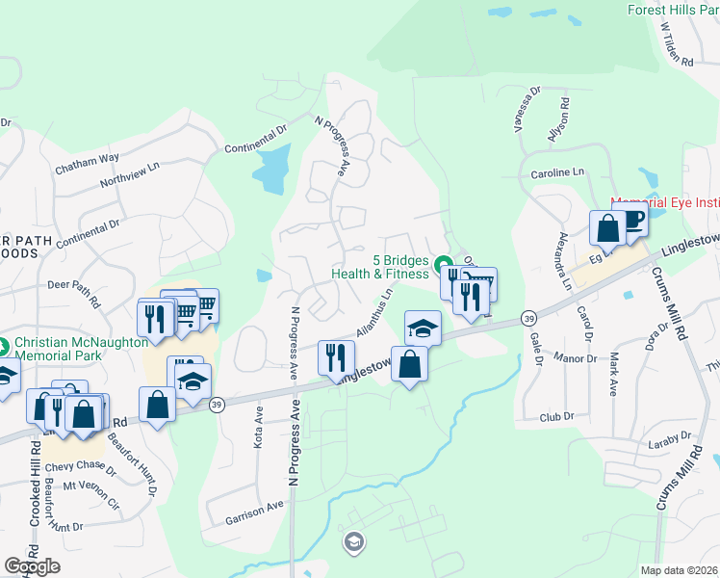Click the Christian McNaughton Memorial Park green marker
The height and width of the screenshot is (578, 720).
pos(5,343)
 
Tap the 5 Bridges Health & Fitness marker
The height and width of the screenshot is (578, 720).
pos(443,263)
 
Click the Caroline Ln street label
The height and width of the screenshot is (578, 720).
pos(557,172)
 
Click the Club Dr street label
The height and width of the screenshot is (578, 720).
pos(556,417)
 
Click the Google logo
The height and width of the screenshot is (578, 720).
pos(32,566)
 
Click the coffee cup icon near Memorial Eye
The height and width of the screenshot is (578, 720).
pos(632,220)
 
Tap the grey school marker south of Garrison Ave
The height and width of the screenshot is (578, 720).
pos(353,543)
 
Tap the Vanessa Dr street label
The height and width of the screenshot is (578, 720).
pos(527,109)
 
